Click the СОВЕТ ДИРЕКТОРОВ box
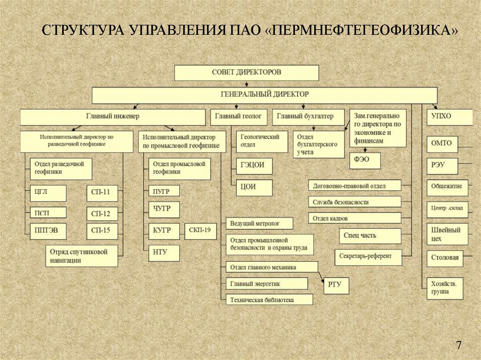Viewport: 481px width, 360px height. [x=247, y=73]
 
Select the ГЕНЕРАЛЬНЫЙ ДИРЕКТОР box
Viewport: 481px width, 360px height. [x=264, y=94]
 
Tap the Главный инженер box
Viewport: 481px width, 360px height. [x=113, y=116]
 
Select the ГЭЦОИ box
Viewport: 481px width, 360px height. [x=254, y=165]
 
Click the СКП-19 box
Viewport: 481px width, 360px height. [x=200, y=230]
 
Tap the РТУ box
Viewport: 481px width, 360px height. [x=336, y=285]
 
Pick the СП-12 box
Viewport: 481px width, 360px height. [x=101, y=214]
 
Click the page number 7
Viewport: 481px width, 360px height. [x=458, y=345]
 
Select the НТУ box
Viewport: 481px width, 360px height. [x=163, y=253]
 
